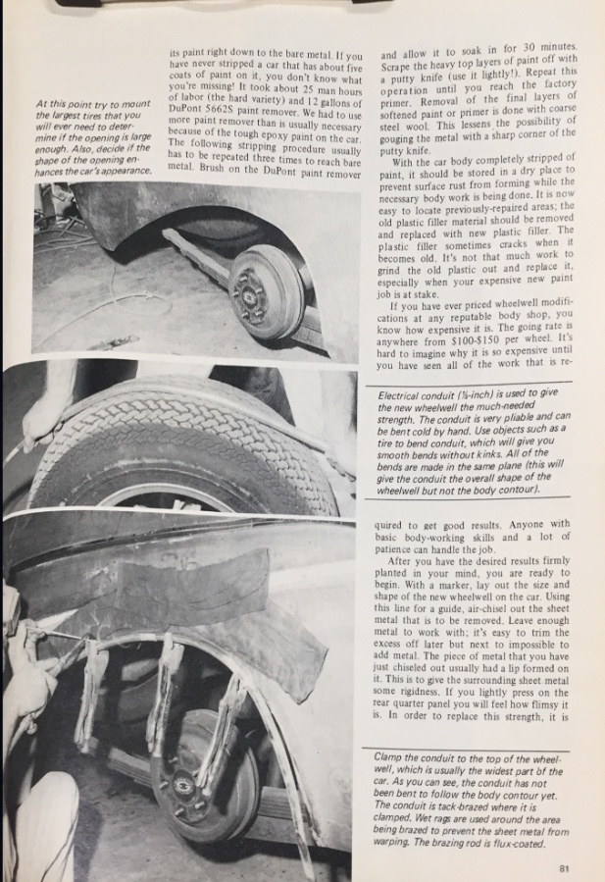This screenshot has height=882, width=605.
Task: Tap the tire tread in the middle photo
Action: [176, 441]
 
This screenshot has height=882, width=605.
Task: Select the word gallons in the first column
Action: [329, 98]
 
